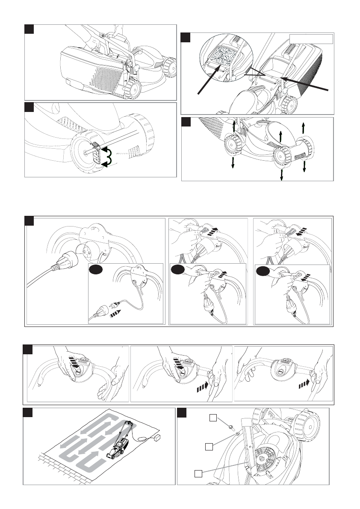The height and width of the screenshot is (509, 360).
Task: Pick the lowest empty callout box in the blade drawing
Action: click(198, 474)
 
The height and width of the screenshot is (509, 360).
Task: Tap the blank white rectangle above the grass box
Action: click(311, 39)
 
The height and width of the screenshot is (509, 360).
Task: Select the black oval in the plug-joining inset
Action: click(96, 270)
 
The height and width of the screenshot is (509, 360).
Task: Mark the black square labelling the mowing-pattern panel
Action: click(28, 413)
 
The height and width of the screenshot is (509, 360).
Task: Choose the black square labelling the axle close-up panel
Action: click(29, 107)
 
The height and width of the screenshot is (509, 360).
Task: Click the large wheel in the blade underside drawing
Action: click(307, 427)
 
